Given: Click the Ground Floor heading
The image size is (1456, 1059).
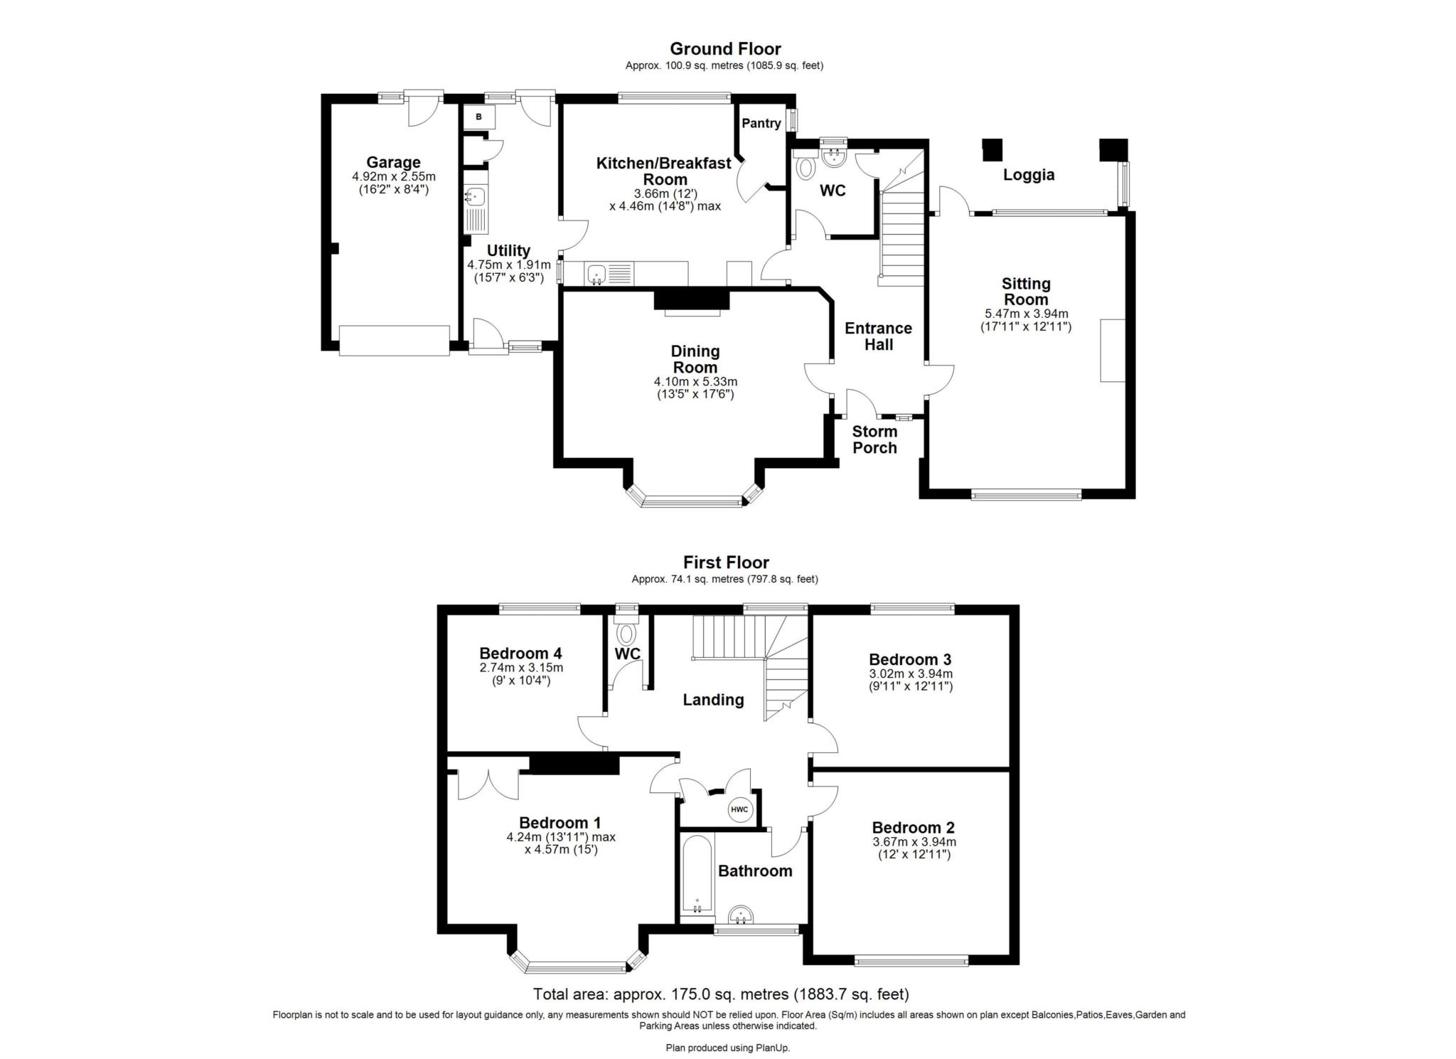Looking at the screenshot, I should pos(724,48).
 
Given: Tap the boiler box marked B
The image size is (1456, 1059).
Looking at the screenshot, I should pos(478,117).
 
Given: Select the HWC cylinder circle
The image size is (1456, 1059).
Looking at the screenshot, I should pos(739,809).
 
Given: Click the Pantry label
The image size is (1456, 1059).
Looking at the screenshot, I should pos(761,123).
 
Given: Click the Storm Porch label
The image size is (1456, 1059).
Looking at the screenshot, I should pos(874,440).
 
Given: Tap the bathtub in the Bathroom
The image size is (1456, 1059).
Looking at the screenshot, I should pos(696,876).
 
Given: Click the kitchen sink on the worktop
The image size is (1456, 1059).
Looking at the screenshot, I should pos(596,273).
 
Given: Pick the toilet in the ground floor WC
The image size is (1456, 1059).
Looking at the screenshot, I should pos(805,168).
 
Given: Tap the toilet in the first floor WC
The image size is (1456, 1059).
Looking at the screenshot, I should pos(626,632).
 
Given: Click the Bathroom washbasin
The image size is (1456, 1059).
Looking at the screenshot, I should pos(742,915).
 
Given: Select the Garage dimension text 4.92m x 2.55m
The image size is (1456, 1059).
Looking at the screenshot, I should pos(393,176).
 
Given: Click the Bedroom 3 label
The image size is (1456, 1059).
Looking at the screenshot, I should pos(909,659).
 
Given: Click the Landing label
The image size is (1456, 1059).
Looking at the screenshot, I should pos(713,700).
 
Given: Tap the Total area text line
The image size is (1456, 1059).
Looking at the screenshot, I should pos(721,994).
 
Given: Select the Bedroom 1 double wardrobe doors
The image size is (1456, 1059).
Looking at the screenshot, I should pos(488,784).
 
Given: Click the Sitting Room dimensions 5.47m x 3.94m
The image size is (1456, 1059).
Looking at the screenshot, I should pos(1025,314).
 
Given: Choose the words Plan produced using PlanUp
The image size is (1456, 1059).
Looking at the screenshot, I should pos(727,1048).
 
